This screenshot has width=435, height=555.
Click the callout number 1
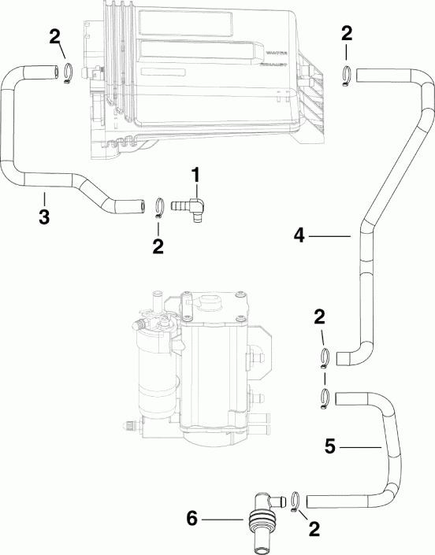195,172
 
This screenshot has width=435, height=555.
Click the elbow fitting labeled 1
194,206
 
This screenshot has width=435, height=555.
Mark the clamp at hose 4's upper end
346,75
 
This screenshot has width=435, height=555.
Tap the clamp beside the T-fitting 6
293,500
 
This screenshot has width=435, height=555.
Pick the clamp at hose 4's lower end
325,359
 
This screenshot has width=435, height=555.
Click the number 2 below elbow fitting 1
158,246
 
